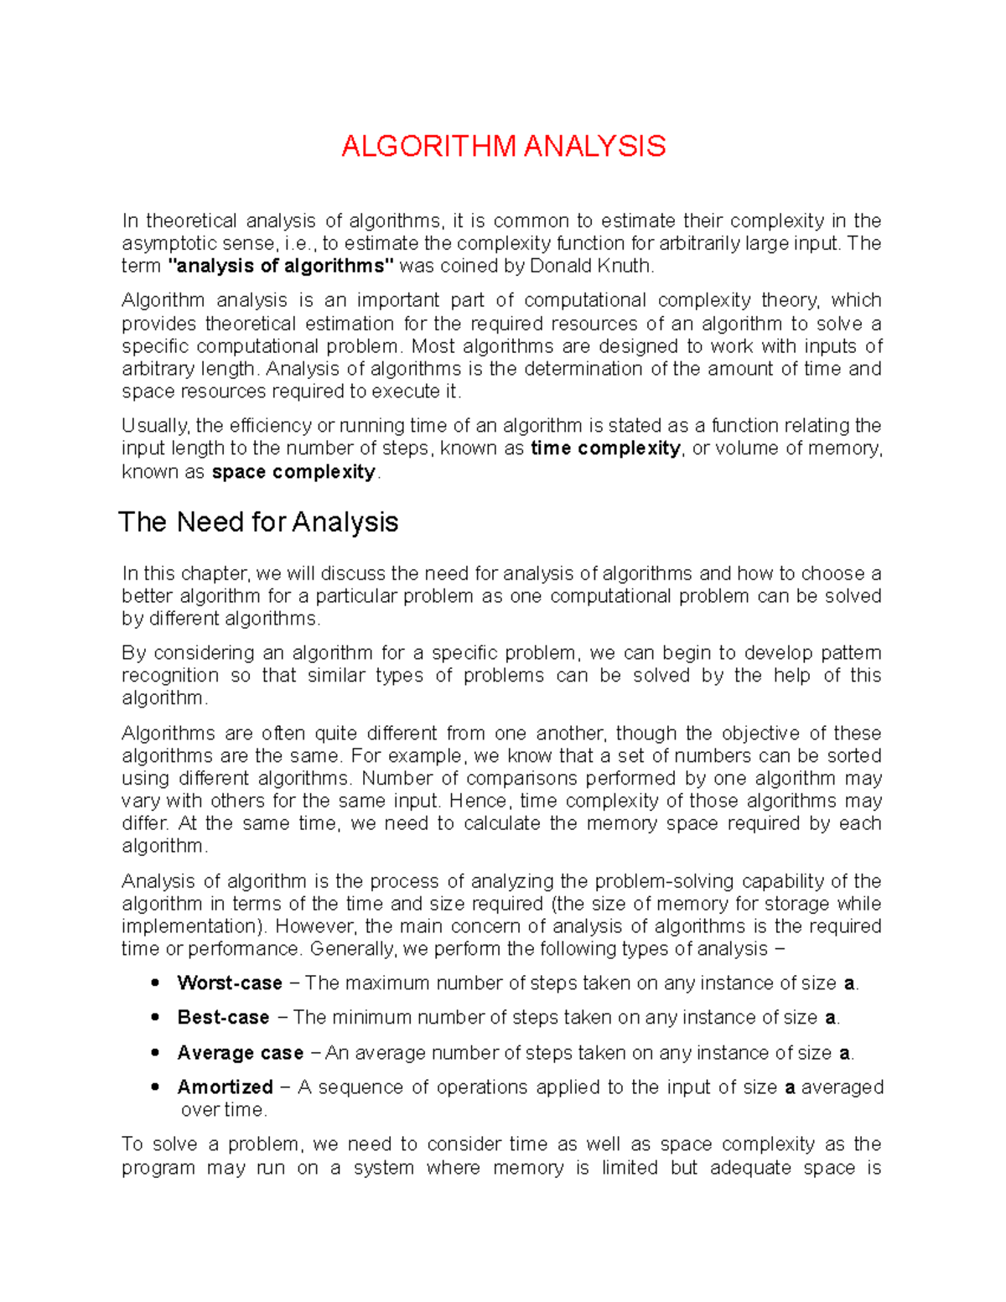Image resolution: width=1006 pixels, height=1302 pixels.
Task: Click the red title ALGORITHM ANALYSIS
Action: [x=503, y=147]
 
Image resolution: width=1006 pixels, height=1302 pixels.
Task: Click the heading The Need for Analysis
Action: [x=258, y=522]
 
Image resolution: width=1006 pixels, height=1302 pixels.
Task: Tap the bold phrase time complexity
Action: [x=606, y=449]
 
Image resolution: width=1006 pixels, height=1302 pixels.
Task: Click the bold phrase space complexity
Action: [x=293, y=472]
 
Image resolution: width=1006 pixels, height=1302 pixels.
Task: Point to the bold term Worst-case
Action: [x=229, y=983]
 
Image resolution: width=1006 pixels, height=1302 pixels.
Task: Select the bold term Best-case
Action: [x=223, y=1018]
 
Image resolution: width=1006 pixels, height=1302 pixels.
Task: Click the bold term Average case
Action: [x=240, y=1053]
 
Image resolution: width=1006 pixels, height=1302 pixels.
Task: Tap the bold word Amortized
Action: [x=225, y=1087]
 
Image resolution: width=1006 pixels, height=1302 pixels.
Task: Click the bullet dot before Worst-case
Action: [x=155, y=983]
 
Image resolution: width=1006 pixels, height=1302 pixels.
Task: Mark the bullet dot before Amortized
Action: [x=155, y=1087]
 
